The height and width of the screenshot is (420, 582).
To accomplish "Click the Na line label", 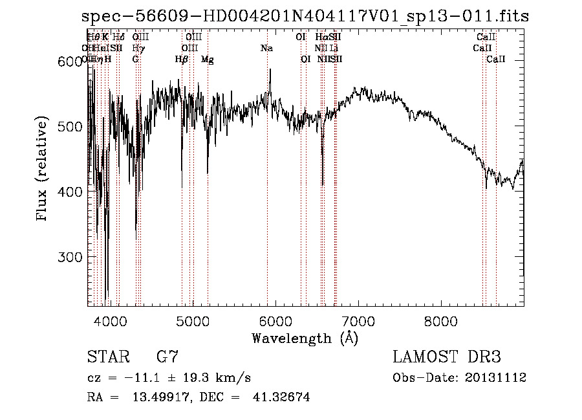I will click(x=266, y=48).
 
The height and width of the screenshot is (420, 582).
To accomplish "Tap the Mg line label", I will click(x=208, y=59).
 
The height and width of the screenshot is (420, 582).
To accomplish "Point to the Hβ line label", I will click(x=182, y=59).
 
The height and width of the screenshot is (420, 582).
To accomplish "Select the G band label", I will click(x=135, y=59).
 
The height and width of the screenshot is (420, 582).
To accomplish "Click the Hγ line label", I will click(x=137, y=48).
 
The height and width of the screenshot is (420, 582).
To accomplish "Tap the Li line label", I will click(x=334, y=48).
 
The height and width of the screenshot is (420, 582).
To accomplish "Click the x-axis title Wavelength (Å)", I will click(x=305, y=338).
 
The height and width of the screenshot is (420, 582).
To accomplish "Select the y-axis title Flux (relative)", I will click(x=43, y=170).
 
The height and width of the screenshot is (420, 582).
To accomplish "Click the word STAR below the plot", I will click(x=103, y=357).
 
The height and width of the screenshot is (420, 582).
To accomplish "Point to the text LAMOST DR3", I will click(x=446, y=357).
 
